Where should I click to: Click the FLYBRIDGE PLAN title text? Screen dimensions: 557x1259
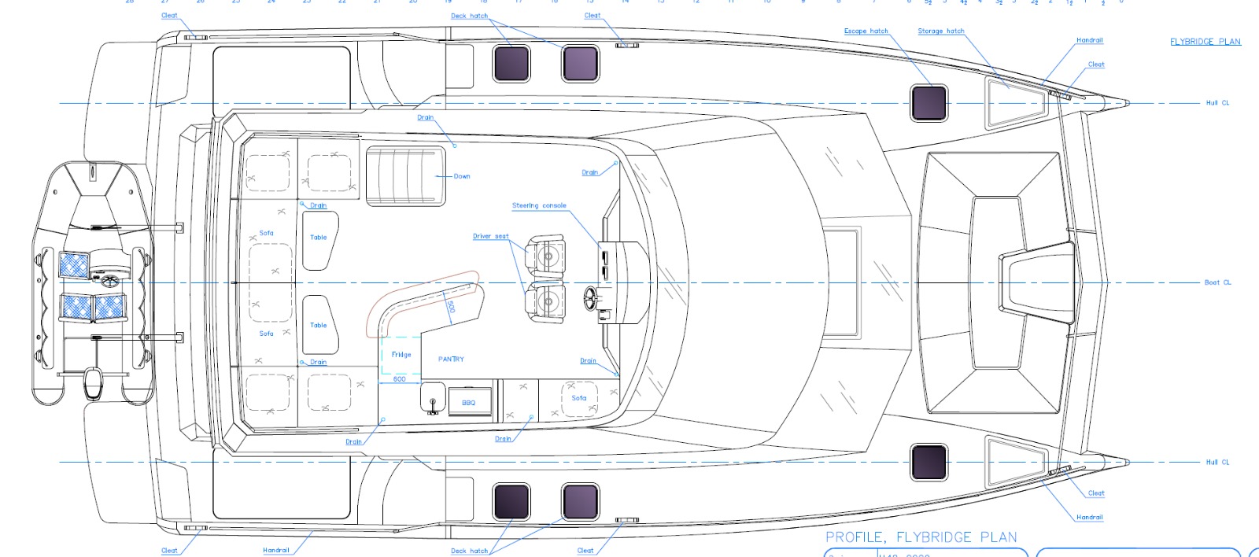(x=1205, y=42)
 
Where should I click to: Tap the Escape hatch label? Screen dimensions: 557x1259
(x=866, y=31)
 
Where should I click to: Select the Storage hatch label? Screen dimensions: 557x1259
(x=940, y=31)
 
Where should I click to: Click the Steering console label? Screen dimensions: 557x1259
(x=539, y=206)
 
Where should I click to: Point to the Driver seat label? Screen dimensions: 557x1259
(x=490, y=236)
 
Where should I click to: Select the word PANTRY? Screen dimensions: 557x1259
(x=451, y=360)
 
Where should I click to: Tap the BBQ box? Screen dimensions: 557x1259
(x=469, y=402)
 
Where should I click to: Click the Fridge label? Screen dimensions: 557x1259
(x=401, y=355)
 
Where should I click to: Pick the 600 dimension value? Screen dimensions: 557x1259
(x=400, y=379)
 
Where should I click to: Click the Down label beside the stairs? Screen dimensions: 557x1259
(x=462, y=176)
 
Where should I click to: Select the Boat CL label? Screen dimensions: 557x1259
(x=1217, y=282)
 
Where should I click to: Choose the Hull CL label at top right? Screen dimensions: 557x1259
(x=1217, y=103)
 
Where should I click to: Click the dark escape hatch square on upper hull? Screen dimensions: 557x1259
(x=929, y=103)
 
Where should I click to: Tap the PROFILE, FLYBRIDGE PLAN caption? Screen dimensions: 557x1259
(x=921, y=537)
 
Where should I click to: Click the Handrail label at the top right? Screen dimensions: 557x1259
(x=1090, y=40)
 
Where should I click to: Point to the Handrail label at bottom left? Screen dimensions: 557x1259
(x=276, y=551)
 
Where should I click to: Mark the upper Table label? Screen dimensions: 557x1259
(x=318, y=237)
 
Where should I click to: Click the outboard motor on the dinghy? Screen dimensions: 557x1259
(x=94, y=384)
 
